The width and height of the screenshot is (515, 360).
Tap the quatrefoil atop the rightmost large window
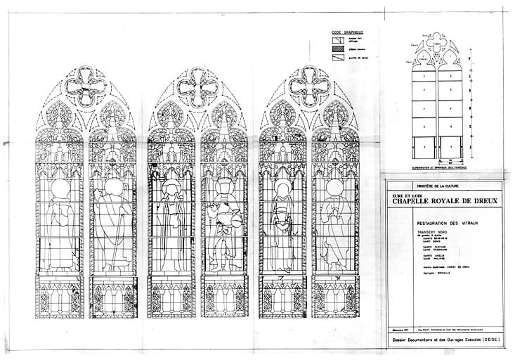(x=309, y=88)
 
